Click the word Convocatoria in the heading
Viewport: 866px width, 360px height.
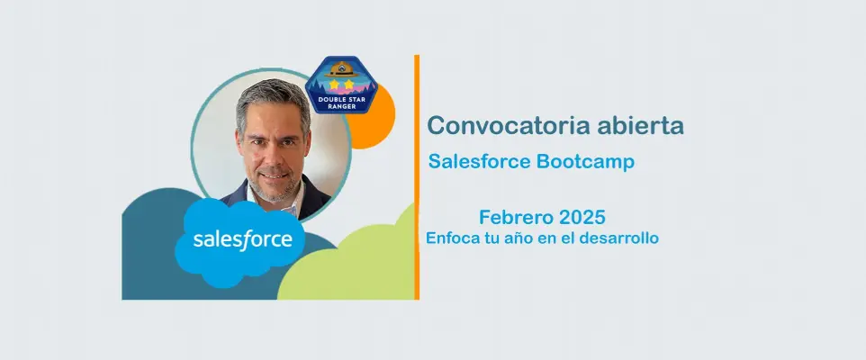point(501,125)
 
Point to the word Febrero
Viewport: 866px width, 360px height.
point(516,217)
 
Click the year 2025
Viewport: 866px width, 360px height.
point(582,217)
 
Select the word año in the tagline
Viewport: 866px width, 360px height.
point(512,239)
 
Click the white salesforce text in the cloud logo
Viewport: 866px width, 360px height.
point(242,240)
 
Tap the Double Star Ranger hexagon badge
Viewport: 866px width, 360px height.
point(341,85)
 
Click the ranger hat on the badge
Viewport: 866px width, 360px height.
point(341,69)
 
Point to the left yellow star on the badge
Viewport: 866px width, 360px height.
point(334,84)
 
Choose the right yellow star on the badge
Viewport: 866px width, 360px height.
point(348,84)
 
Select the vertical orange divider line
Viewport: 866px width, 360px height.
point(417,177)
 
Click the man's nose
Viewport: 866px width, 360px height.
point(273,154)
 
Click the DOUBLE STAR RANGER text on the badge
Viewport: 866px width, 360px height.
point(341,103)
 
